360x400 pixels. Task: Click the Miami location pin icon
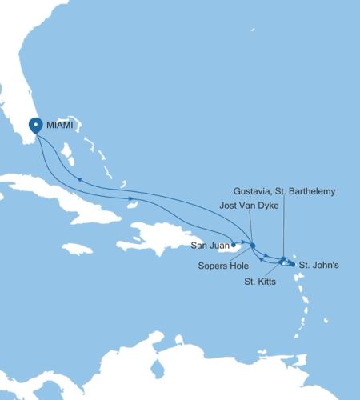coord(36,126)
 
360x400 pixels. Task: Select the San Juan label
coord(210,246)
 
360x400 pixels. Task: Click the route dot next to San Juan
coord(233,246)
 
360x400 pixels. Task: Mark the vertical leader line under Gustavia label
coord(283,228)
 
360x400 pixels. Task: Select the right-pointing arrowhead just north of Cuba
coord(130,198)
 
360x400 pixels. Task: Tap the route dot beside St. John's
coord(292,263)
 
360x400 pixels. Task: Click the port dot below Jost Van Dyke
coord(253,245)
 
